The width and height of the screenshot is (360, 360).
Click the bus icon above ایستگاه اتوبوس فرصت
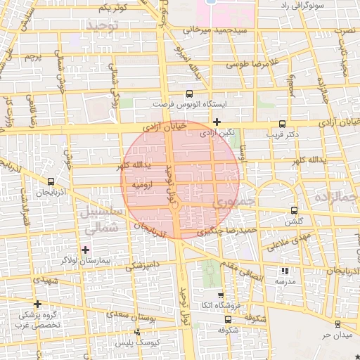pos(189,94)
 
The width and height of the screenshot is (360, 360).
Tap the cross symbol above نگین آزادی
pos(217,122)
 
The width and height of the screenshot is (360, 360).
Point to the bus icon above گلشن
pos(294,210)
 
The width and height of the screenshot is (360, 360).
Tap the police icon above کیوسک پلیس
pos(137,331)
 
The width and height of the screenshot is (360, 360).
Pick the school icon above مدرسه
pos(284,271)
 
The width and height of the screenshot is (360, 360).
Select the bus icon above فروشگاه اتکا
pos(221,295)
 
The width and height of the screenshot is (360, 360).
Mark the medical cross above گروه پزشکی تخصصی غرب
pos(38,304)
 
